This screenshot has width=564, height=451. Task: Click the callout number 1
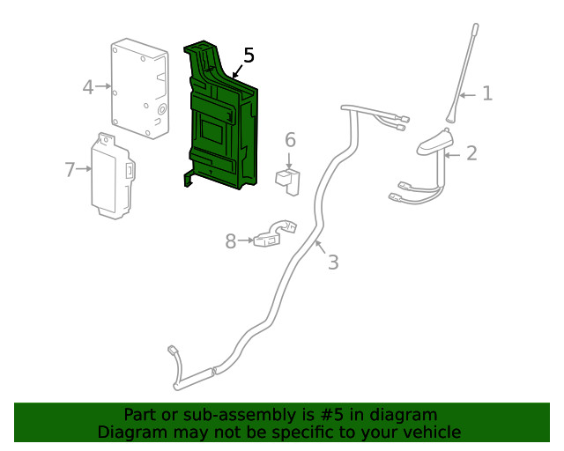487,93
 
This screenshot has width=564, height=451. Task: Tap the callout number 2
471,153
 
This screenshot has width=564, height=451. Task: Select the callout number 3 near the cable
332,262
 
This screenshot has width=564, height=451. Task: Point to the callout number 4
88,86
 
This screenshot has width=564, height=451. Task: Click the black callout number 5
249,55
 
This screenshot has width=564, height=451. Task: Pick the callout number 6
290,140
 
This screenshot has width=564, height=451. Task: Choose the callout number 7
70,169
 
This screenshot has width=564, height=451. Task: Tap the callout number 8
231,241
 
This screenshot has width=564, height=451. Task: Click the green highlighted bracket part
220,123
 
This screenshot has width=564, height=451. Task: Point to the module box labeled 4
139,88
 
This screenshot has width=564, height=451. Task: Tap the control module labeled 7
114,174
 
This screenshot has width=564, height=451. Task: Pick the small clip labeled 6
287,179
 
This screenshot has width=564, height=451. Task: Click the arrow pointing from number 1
469,93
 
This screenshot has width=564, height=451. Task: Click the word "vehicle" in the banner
432,432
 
